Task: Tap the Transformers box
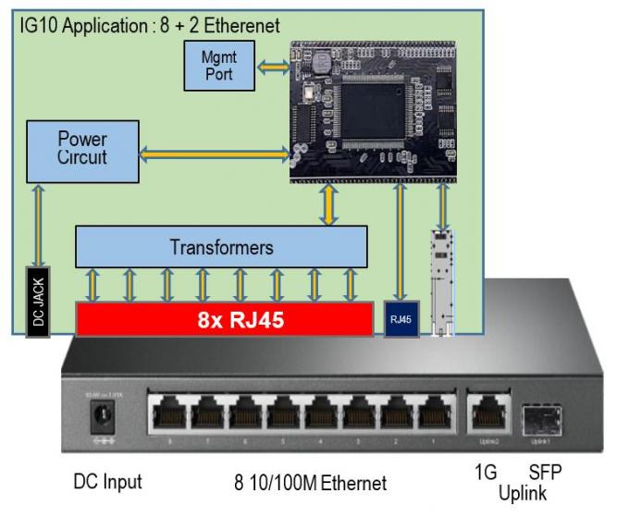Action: pyautogui.click(x=221, y=247)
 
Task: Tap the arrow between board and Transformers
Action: pyautogui.click(x=329, y=203)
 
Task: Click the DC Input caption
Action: pyautogui.click(x=107, y=482)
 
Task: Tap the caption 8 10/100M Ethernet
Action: pyautogui.click(x=309, y=482)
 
